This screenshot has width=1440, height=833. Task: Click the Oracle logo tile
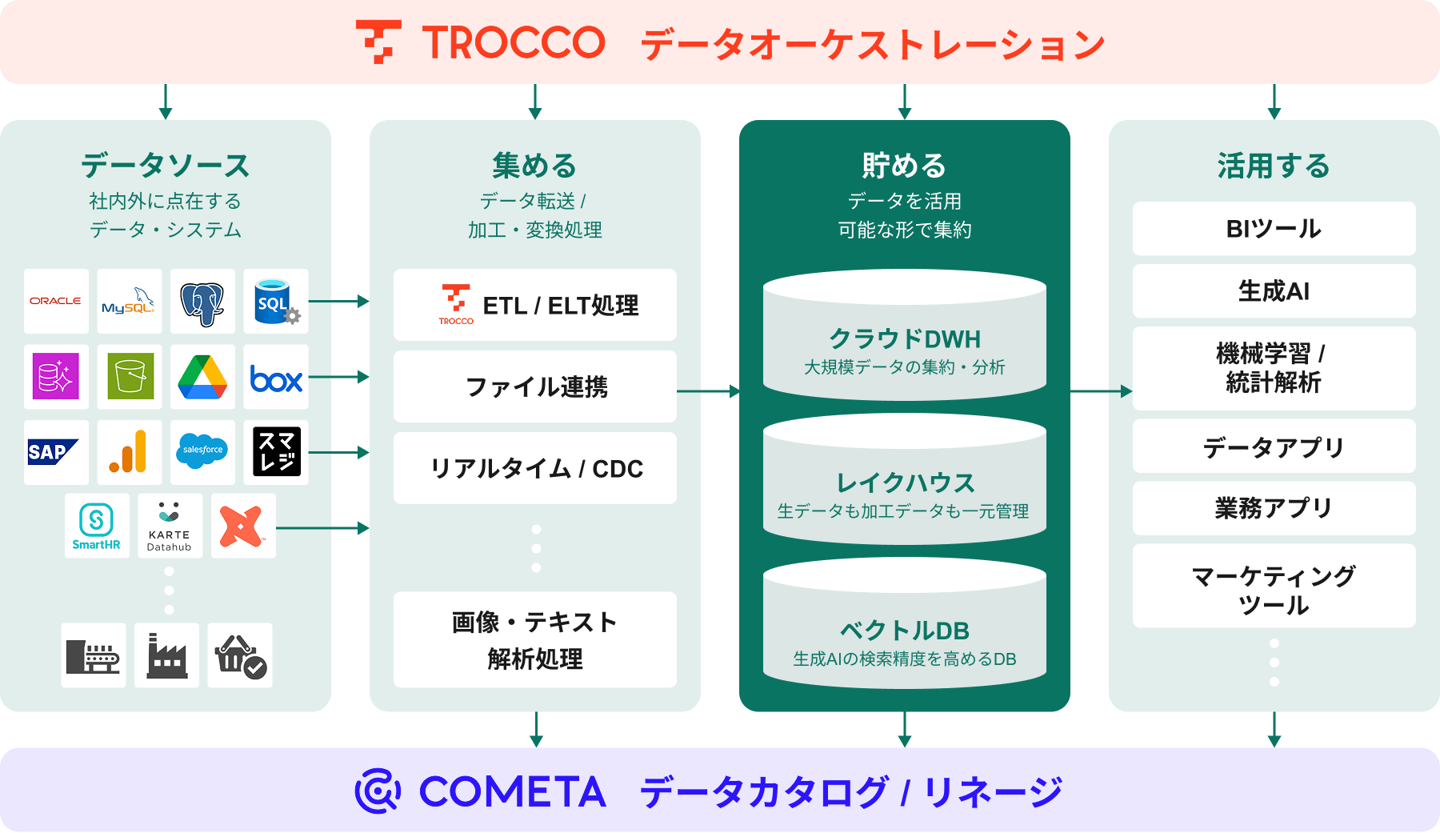point(56,301)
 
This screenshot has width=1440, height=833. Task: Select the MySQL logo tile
point(129,301)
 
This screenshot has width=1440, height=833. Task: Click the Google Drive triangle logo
point(202,377)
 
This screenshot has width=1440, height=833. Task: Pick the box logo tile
point(276,378)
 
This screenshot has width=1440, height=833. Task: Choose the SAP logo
point(55,452)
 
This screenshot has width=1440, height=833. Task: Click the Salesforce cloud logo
point(202,451)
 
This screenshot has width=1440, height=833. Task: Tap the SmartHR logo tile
point(97,526)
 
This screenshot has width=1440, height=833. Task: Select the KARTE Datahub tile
point(170,526)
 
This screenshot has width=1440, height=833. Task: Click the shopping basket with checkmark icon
point(240,656)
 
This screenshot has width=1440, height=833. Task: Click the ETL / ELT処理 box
point(535,305)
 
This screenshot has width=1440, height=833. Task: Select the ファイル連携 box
point(535,386)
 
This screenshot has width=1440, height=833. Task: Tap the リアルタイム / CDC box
point(535,468)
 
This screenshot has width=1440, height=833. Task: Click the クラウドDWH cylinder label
point(905,339)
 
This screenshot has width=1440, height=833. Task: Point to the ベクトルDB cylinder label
point(905,631)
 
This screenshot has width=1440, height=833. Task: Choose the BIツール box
point(1274,229)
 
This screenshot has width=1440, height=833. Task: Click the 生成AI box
point(1274,291)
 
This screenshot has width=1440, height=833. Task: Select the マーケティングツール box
point(1274,590)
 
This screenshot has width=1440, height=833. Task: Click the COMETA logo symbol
point(378,791)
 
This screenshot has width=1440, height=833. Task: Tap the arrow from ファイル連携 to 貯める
point(708,391)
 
